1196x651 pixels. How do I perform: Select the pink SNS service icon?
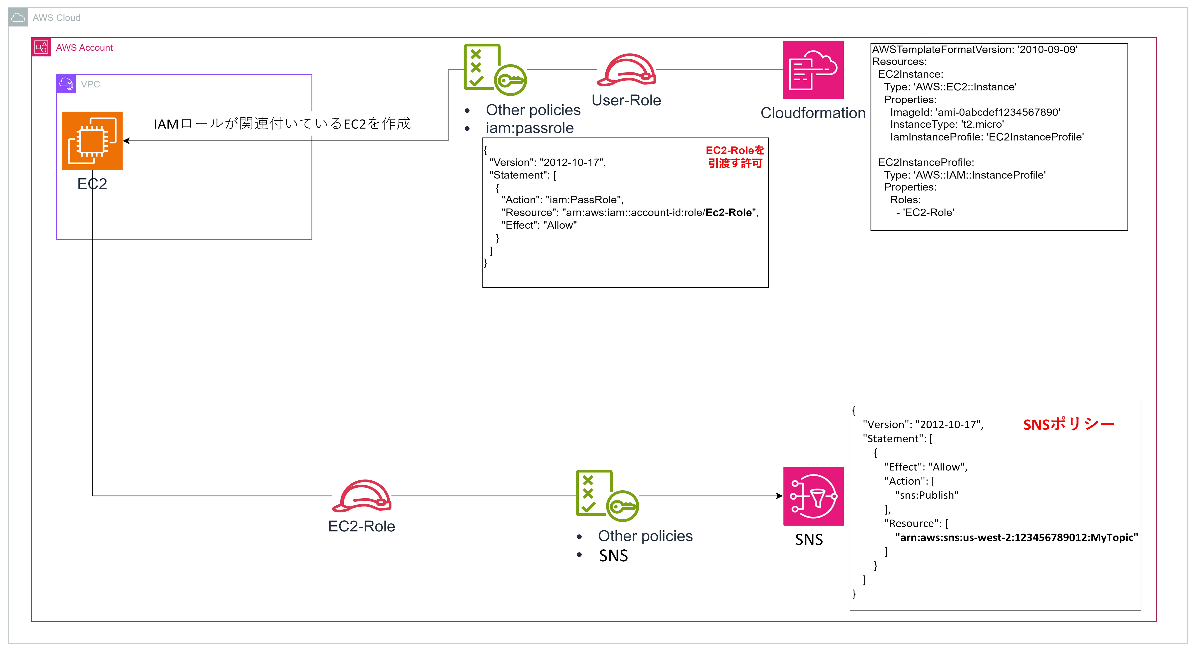[813, 496]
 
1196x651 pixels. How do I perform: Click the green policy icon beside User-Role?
[494, 70]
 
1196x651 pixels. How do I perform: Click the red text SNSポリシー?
[1068, 424]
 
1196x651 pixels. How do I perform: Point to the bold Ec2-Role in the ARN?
[728, 212]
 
